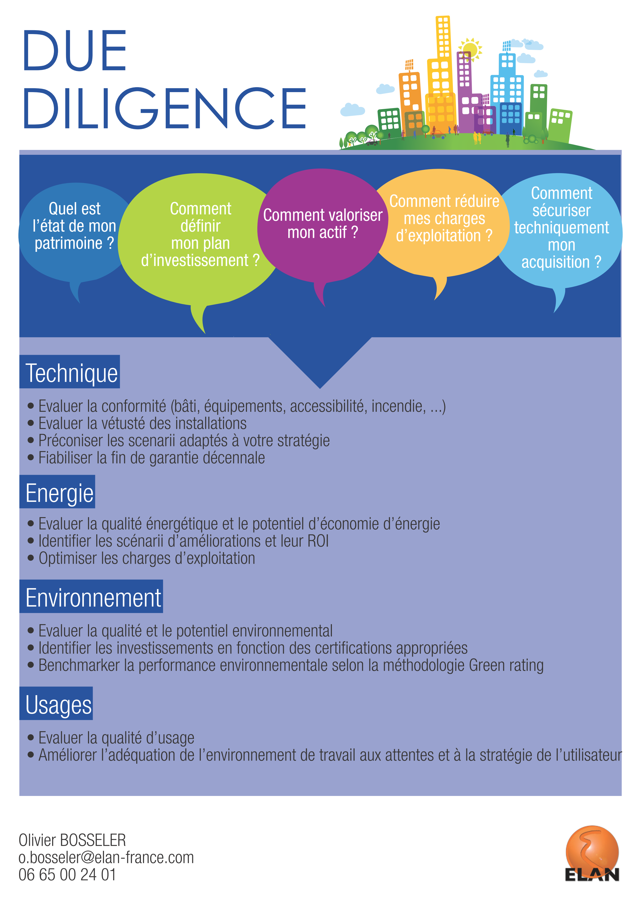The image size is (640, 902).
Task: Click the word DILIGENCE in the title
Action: [x=165, y=108]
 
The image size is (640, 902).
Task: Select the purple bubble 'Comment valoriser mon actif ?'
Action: [x=322, y=224]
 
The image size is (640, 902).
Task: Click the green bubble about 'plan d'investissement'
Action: [x=200, y=236]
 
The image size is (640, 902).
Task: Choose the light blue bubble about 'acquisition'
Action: [x=561, y=228]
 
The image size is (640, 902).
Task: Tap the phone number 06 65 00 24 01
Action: [x=67, y=875]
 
